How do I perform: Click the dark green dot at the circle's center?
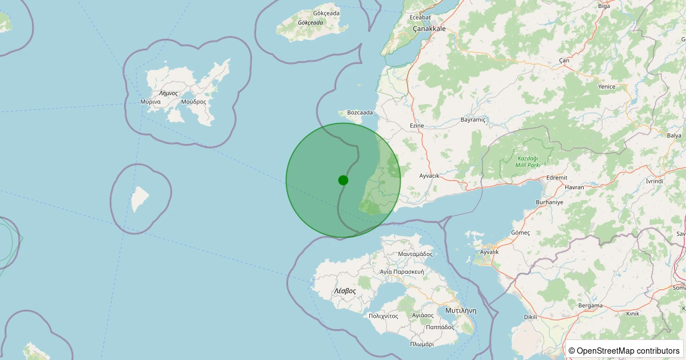coord(343,180)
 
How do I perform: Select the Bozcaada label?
coord(360,113)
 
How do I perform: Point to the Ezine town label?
coord(417,125)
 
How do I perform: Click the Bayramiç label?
coord(473,120)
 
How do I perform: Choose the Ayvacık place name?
coord(429,175)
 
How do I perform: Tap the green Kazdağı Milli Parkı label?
coord(528,161)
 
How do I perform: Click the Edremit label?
coord(557,178)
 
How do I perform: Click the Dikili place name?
coord(532,317)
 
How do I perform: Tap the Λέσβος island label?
coord(345,291)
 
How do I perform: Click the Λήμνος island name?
coord(169,93)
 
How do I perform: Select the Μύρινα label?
coord(150,102)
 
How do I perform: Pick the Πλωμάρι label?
coord(422,344)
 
